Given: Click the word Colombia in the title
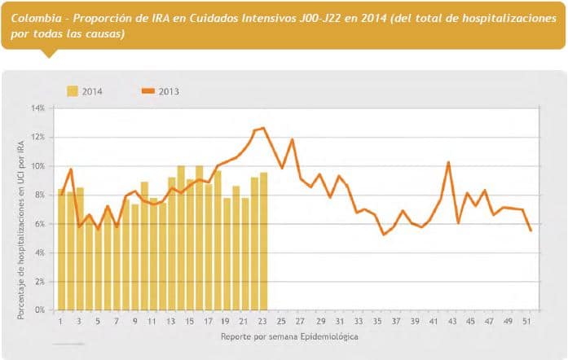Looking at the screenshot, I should pyautogui.click(x=35, y=17).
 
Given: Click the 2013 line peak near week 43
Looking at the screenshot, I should pyautogui.click(x=448, y=162).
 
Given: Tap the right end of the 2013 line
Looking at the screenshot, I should pyautogui.click(x=531, y=230).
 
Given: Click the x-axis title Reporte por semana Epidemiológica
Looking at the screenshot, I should pyautogui.click(x=288, y=336).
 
